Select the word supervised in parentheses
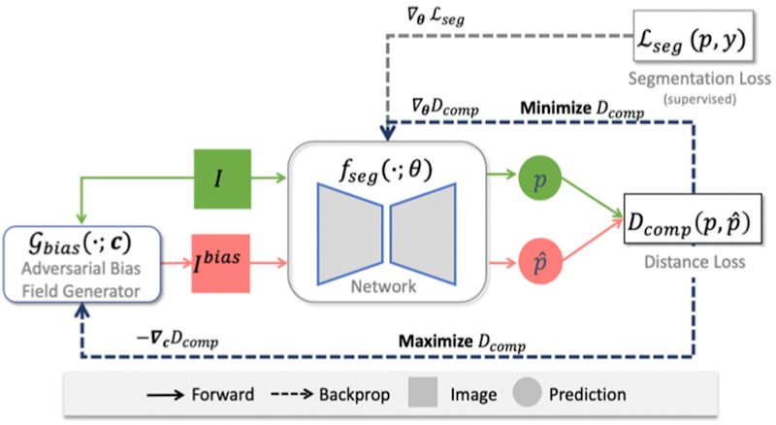tap(715, 100)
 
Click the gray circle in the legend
tap(527, 395)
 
